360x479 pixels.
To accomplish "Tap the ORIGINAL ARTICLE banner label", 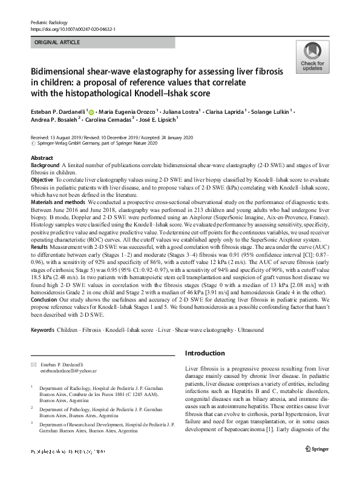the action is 56,43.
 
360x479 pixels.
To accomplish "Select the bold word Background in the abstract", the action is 45,165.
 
